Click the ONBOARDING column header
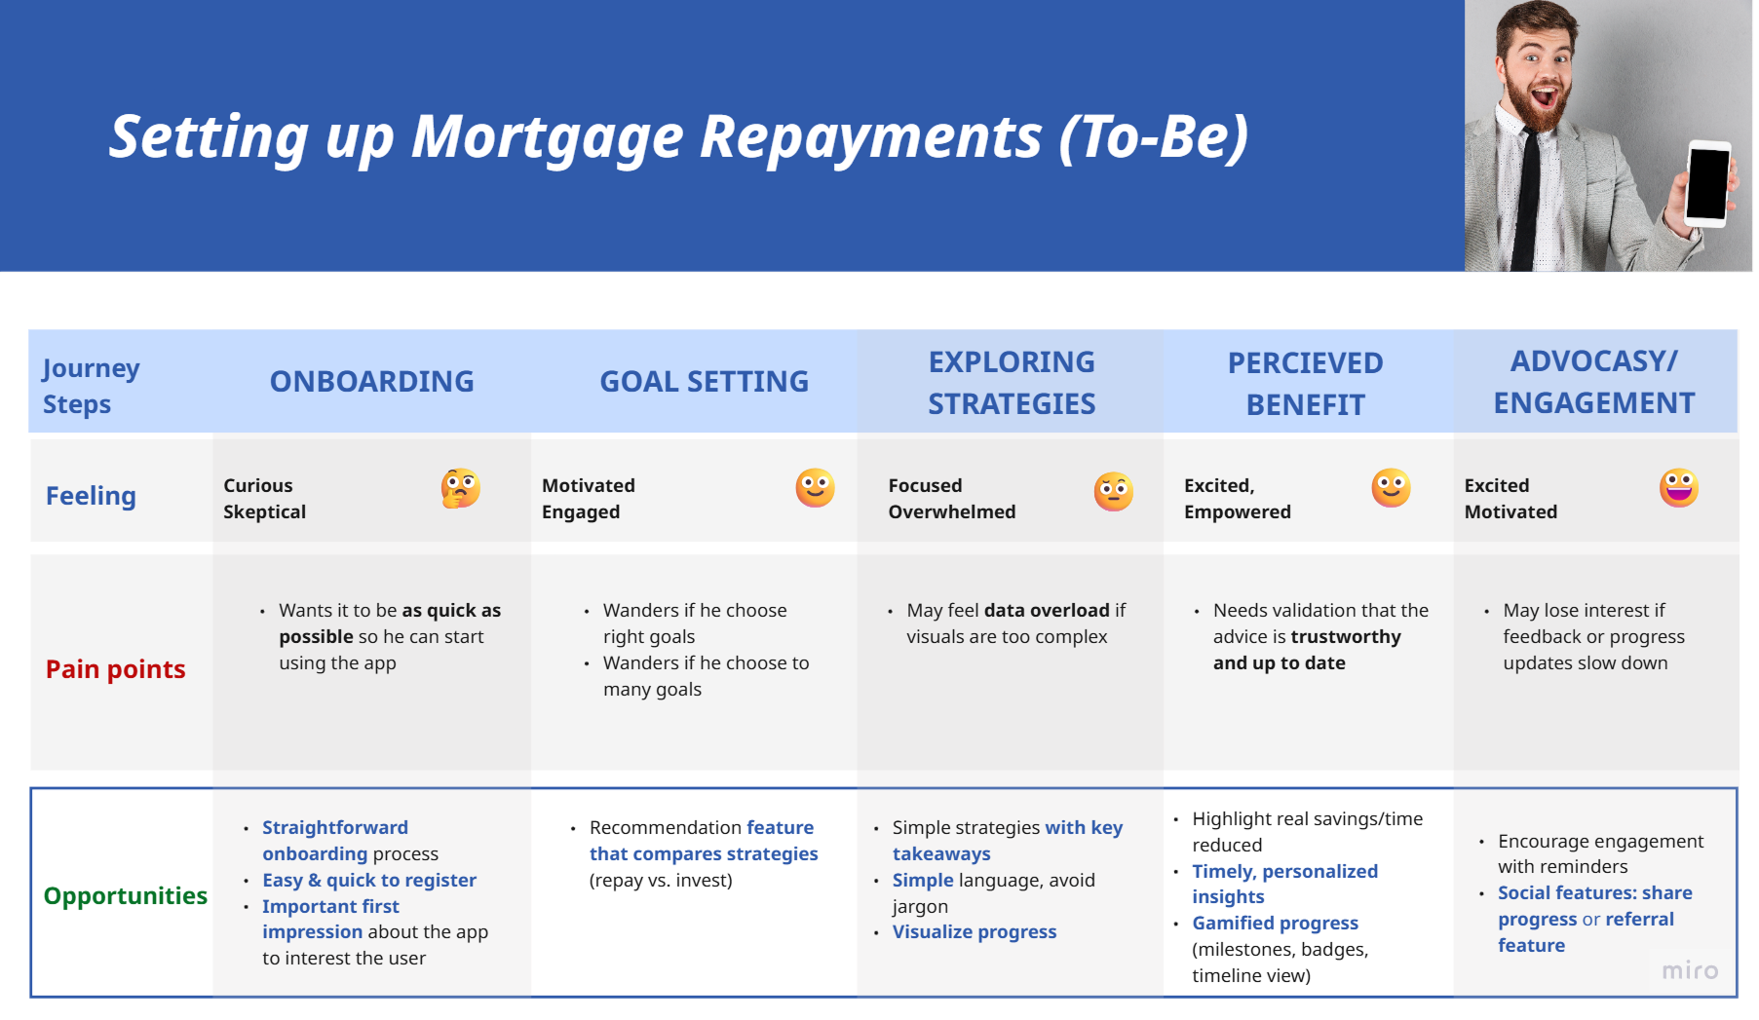point(371,381)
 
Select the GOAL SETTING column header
point(704,381)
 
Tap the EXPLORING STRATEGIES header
point(1012,382)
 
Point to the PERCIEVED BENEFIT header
point(1305,383)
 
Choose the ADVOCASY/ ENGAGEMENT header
point(1594,382)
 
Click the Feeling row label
point(91,496)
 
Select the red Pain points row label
point(115,669)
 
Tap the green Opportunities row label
point(125,895)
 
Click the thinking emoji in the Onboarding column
point(460,488)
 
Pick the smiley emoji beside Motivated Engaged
point(815,487)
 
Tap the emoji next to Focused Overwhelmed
point(1113,491)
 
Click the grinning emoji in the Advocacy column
point(1679,487)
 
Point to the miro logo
point(1690,970)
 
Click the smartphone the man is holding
point(1708,183)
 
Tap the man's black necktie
point(1525,201)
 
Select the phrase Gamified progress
point(1275,923)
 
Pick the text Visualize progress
point(975,931)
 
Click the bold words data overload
point(1047,610)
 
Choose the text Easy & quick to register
point(369,880)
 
